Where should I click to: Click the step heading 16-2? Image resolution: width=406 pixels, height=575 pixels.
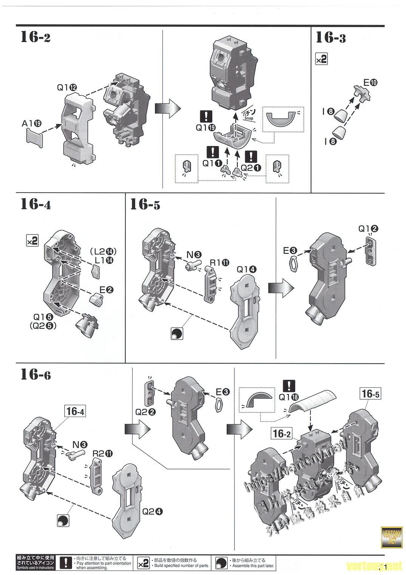point(36,37)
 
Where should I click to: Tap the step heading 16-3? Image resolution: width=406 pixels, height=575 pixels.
point(330,37)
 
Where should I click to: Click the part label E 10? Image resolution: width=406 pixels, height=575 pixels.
point(370,82)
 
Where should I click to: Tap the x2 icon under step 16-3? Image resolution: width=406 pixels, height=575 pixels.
point(321,60)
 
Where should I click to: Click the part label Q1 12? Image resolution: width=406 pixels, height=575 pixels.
point(67,87)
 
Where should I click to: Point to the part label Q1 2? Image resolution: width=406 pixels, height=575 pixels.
point(368,228)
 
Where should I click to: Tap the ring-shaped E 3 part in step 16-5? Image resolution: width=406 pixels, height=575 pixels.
point(293,264)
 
